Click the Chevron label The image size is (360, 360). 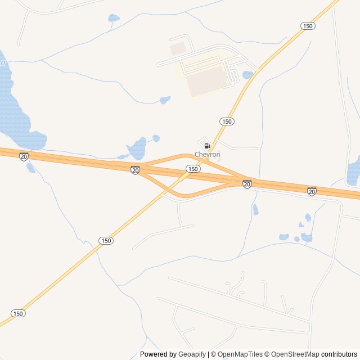[x=207, y=155]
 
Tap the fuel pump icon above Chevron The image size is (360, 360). [x=207, y=146]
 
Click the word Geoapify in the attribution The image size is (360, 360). [x=193, y=354]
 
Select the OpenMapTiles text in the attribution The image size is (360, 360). [x=240, y=354]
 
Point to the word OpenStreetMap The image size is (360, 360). [x=294, y=354]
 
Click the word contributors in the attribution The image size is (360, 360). [x=339, y=354]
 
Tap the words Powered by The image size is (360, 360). [x=158, y=354]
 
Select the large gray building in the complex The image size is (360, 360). [x=206, y=81]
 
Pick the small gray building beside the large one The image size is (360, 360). [x=178, y=48]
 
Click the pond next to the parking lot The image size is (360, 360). [x=247, y=75]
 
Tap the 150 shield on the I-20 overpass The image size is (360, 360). [x=193, y=169]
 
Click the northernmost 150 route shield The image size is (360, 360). [x=307, y=26]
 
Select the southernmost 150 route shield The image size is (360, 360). [x=18, y=313]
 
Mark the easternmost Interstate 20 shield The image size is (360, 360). [x=312, y=191]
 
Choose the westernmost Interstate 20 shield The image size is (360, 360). [x=24, y=156]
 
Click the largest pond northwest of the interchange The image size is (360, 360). [x=137, y=149]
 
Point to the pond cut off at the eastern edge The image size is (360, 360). [x=353, y=172]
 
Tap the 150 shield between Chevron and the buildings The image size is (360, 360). [x=227, y=121]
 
